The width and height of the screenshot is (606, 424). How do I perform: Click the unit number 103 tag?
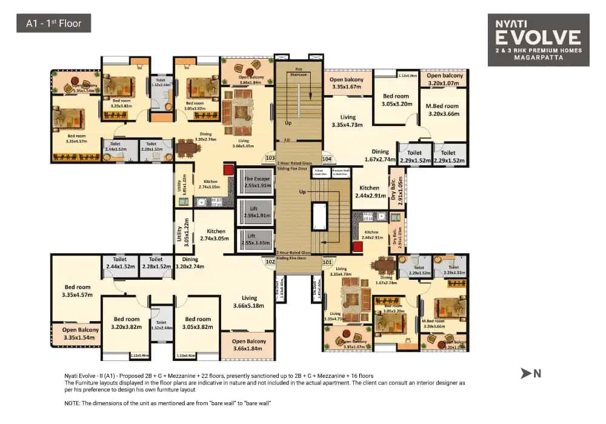[270, 159]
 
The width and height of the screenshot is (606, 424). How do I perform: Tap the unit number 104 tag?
[328, 159]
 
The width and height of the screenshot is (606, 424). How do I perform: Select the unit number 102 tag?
[270, 262]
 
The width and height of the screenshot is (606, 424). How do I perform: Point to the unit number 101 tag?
[328, 262]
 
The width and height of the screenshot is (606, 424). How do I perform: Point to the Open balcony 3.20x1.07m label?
[445, 79]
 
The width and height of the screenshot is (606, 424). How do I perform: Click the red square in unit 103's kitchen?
[228, 169]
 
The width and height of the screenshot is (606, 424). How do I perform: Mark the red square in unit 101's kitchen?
[358, 247]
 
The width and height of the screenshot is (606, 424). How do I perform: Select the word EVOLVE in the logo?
[538, 38]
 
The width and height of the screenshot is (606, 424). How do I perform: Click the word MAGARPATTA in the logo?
[538, 58]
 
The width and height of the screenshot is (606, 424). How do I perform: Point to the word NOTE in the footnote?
[74, 402]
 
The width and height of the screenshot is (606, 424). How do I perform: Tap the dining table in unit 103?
[188, 148]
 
